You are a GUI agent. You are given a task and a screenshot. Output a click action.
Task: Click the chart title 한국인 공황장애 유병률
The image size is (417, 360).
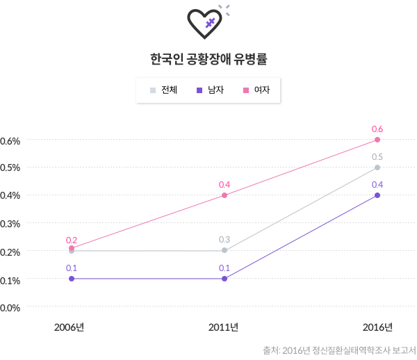tap(208, 59)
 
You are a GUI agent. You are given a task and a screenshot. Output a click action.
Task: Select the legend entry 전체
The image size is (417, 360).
tap(164, 90)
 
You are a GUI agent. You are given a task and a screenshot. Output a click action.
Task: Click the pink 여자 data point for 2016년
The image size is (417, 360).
tap(377, 140)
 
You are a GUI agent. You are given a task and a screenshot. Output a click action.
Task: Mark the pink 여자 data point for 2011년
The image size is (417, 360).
tap(224, 195)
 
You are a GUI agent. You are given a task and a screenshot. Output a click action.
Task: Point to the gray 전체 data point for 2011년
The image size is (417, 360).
tap(224, 250)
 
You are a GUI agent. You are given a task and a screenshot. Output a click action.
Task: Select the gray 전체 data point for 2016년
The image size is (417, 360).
tap(377, 167)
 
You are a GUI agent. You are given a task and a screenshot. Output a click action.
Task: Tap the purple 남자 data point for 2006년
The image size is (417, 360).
tap(72, 279)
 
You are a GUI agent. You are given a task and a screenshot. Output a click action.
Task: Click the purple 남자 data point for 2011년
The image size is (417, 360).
tap(224, 279)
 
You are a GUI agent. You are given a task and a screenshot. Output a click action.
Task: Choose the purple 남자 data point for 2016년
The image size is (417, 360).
tap(377, 195)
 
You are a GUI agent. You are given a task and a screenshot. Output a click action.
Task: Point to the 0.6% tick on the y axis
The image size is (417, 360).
tap(10, 140)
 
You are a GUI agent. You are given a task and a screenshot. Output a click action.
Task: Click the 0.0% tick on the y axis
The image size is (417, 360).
tap(10, 307)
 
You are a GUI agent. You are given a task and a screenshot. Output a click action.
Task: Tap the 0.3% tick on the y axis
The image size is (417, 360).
tap(10, 224)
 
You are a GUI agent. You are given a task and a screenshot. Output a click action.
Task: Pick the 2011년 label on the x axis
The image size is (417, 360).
tap(224, 327)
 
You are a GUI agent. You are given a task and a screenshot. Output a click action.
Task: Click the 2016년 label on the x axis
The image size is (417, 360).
tap(378, 327)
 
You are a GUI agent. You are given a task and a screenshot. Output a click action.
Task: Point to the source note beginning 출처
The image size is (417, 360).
tap(338, 350)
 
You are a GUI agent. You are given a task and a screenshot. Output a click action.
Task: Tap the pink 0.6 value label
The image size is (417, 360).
tap(377, 129)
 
